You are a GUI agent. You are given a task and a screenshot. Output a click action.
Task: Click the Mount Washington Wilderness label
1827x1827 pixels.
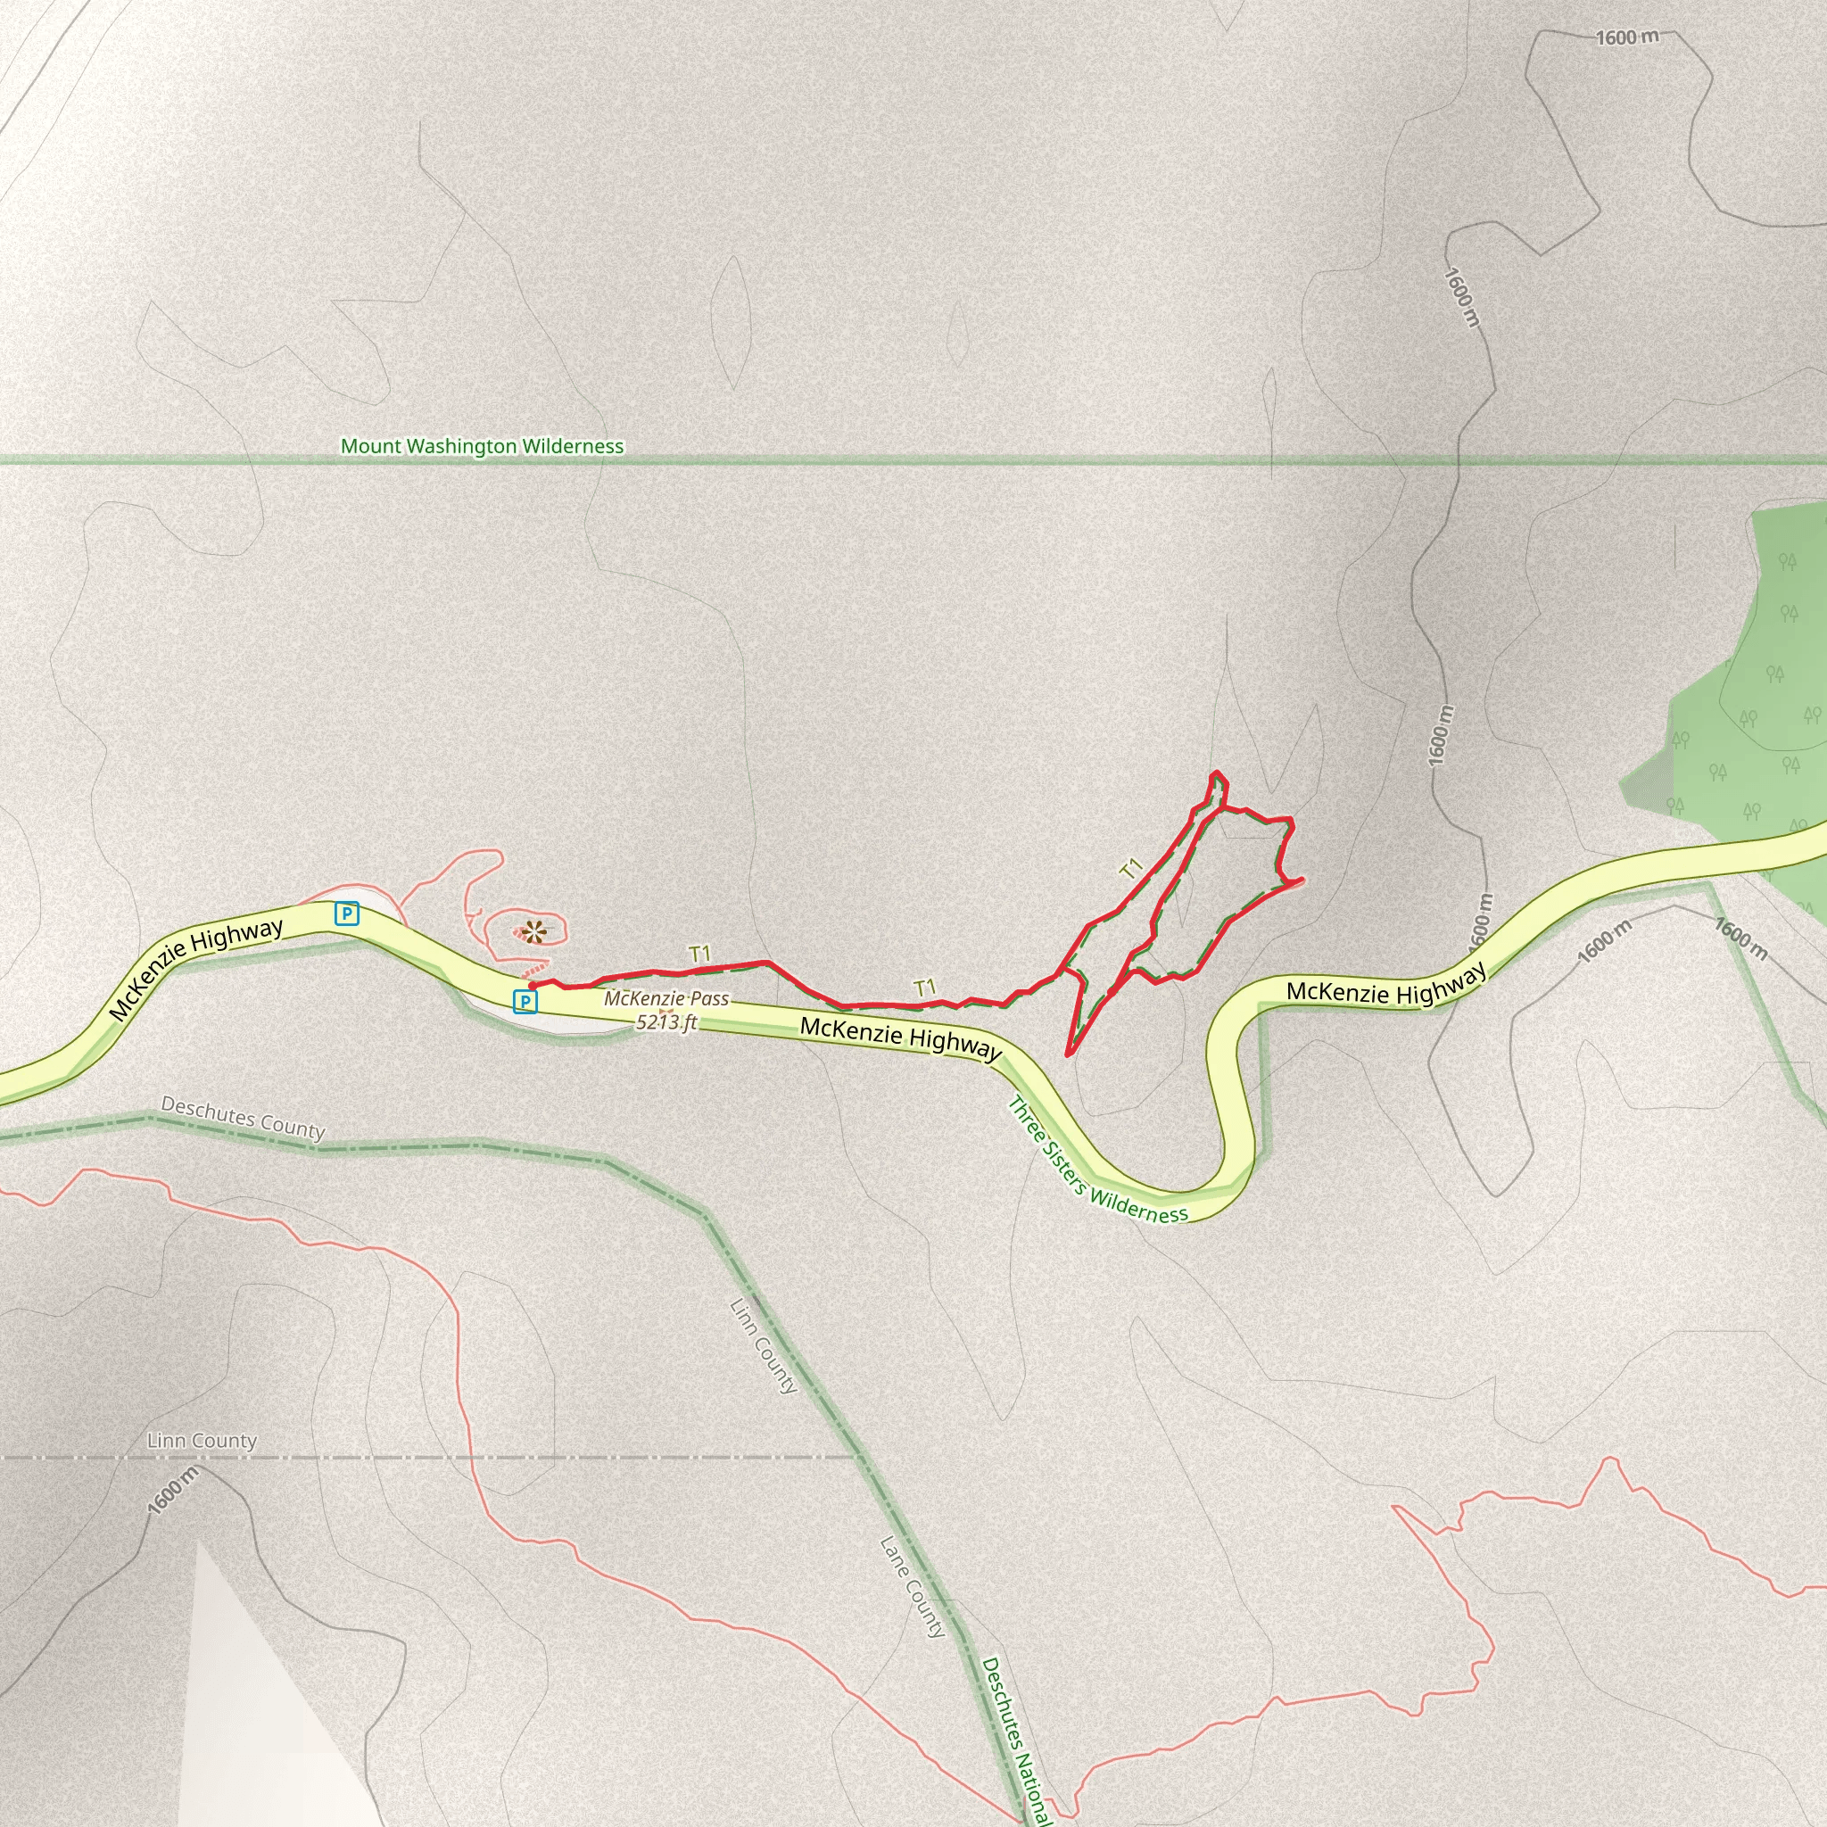coord(482,445)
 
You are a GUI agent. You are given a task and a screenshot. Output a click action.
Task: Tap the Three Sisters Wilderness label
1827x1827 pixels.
coord(1097,1162)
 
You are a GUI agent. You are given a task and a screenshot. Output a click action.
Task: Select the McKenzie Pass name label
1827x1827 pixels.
coord(666,998)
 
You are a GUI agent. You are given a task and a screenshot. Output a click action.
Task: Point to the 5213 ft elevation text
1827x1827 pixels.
coord(666,1022)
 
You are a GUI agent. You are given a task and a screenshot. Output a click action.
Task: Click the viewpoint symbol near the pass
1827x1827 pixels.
coord(533,933)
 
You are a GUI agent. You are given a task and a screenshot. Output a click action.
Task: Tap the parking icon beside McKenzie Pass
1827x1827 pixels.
coord(524,1001)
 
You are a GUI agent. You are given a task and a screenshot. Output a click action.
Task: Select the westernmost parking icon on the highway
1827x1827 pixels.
coord(347,913)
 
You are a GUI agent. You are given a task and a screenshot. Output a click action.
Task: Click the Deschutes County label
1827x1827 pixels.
coord(243,1117)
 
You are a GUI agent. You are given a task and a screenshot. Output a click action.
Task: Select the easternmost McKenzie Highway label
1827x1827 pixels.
coord(1385,989)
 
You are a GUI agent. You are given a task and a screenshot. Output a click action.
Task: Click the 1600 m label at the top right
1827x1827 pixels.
coord(1626,37)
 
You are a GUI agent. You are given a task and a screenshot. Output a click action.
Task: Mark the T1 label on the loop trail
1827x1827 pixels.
coord(1132,868)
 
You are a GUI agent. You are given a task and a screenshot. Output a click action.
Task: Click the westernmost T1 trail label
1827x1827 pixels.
coord(699,954)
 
